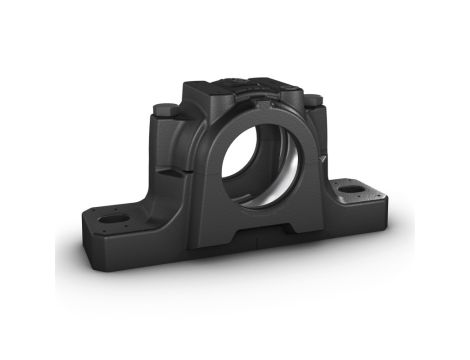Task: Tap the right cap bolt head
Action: click(313, 99)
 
